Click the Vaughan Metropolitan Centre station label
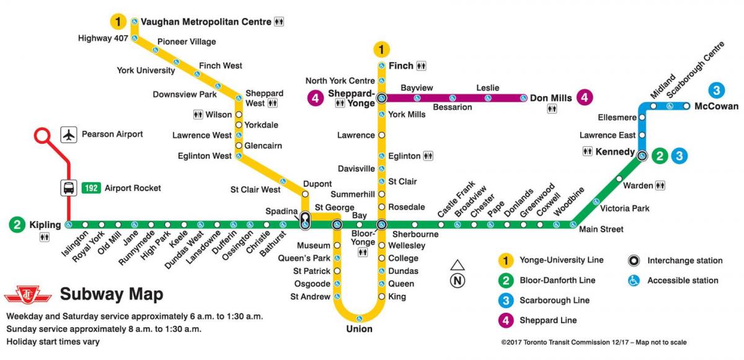point(206,22)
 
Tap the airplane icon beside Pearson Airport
point(69,134)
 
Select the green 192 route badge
point(91,188)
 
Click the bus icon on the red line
point(68,188)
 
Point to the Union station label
point(359,329)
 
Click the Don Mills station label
point(550,98)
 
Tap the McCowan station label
point(716,106)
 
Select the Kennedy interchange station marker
point(642,156)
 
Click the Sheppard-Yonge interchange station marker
point(382,98)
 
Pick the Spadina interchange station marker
point(305,220)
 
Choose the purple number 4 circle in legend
point(507,320)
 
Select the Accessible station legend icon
point(634,281)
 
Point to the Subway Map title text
point(112,294)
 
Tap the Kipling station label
point(45,224)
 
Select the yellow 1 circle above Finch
point(382,48)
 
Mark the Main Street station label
point(601,229)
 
